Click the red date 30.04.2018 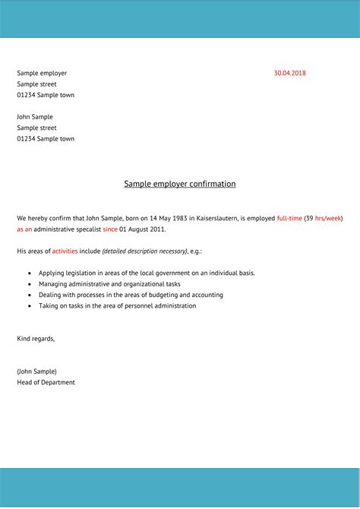click(289, 73)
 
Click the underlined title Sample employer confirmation click(180, 184)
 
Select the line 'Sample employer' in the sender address click(42, 73)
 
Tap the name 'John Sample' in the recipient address click(35, 117)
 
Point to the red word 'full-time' click(289, 218)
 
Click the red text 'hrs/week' click(328, 218)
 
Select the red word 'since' click(110, 229)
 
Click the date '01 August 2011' click(142, 229)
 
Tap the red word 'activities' click(65, 251)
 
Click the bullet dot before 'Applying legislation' click(30, 273)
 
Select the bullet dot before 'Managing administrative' click(30, 284)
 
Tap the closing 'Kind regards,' click(36, 338)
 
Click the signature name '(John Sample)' click(36, 371)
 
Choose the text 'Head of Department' click(46, 382)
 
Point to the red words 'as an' click(24, 229)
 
